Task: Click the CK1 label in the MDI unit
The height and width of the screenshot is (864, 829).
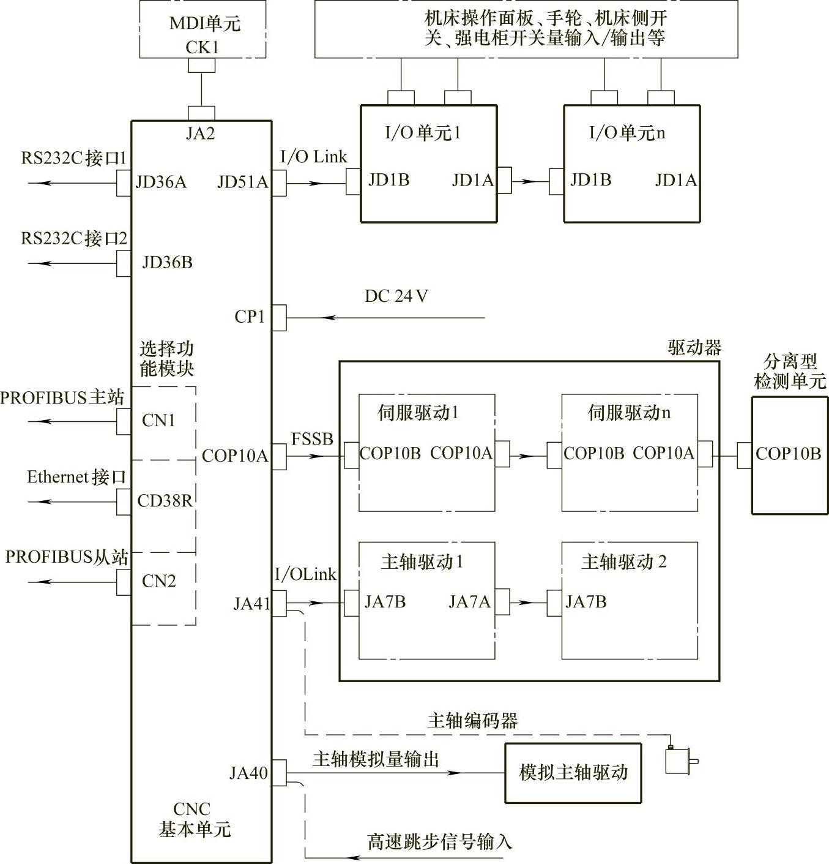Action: [202, 47]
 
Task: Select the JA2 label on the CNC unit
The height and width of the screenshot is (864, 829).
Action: [201, 133]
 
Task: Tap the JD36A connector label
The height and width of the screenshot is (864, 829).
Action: [161, 182]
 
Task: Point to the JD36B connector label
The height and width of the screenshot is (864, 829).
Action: [167, 262]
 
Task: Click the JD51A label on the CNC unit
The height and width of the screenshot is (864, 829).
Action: [242, 182]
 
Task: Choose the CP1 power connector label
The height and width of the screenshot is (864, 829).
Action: [250, 317]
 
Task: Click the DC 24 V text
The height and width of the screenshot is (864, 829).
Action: [396, 296]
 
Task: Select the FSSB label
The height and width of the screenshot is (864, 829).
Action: [312, 438]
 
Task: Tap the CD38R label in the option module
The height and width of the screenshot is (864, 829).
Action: [164, 501]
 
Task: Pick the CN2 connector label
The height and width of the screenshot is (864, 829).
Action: [158, 580]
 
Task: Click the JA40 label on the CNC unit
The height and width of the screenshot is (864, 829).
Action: [248, 773]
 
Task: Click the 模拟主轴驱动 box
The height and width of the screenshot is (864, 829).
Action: [573, 773]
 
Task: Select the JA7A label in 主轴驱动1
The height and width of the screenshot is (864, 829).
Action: [469, 602]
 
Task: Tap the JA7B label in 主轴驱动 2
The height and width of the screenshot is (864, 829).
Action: [586, 602]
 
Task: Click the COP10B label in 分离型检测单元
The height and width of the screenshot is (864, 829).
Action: [788, 454]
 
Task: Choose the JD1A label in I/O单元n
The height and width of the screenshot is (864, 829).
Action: [675, 180]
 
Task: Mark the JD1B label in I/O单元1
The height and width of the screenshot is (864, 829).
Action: [388, 180]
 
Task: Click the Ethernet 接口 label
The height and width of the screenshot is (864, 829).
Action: [76, 477]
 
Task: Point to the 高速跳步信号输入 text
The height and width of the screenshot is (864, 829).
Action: [439, 842]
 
